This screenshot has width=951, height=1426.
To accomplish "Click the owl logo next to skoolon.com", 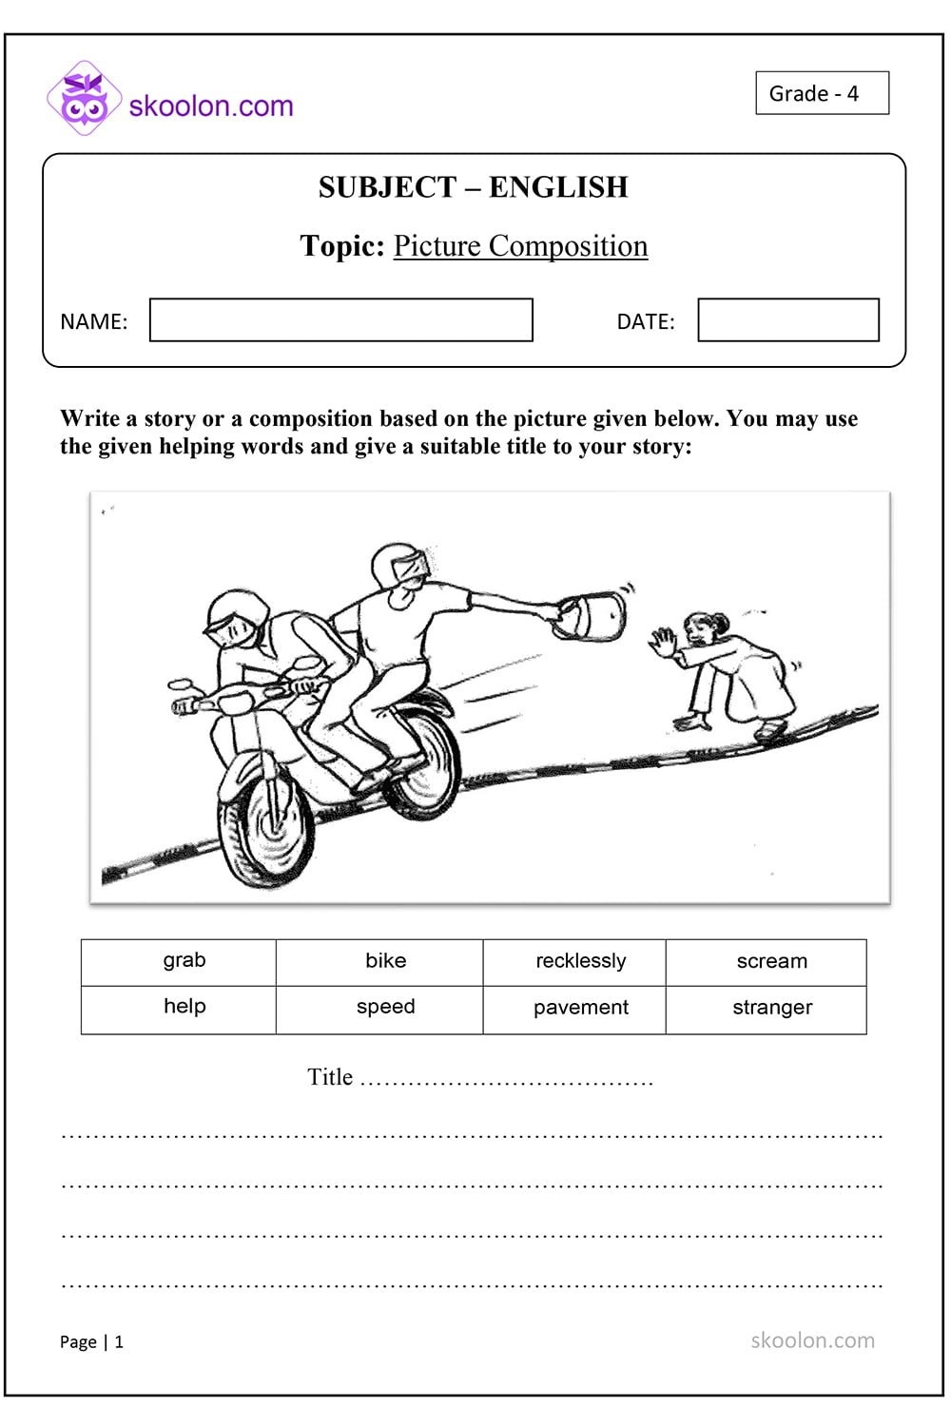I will click(84, 98).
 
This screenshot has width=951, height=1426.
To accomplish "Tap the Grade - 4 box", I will click(822, 93).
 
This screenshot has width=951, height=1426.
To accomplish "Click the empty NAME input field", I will click(340, 320).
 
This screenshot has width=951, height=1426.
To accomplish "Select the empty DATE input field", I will click(787, 320).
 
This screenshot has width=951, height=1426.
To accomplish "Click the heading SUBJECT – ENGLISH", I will click(473, 187).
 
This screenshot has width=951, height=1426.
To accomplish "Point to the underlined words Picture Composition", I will click(520, 246).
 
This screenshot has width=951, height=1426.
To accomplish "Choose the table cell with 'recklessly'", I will click(580, 962).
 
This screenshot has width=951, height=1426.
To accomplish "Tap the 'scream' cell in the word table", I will click(771, 962).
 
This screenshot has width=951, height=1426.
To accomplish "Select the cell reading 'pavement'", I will click(580, 1009).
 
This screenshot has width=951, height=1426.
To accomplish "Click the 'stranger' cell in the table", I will click(771, 1009).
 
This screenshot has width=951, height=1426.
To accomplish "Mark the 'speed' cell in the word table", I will click(385, 1009).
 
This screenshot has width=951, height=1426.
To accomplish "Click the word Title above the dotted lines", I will click(330, 1077).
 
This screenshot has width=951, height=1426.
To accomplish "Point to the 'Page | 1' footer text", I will click(91, 1341).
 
